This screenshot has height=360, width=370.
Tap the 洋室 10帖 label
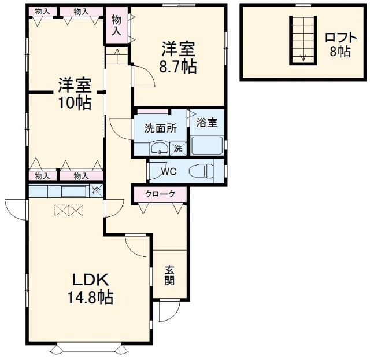click(x=73, y=94)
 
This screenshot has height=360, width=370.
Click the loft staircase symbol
click(x=301, y=38)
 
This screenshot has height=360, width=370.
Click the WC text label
click(x=169, y=172)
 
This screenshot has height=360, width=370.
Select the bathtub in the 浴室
click(x=207, y=145)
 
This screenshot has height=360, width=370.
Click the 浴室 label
click(x=206, y=123)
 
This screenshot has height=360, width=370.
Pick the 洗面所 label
click(x=157, y=128)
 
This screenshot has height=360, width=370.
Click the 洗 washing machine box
click(x=179, y=149)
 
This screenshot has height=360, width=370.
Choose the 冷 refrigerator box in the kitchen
click(x=97, y=190)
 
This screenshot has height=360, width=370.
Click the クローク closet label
click(x=159, y=194)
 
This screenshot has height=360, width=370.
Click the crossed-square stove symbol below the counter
click(x=69, y=210)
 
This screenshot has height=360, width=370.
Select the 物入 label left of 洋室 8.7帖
click(x=116, y=24)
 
